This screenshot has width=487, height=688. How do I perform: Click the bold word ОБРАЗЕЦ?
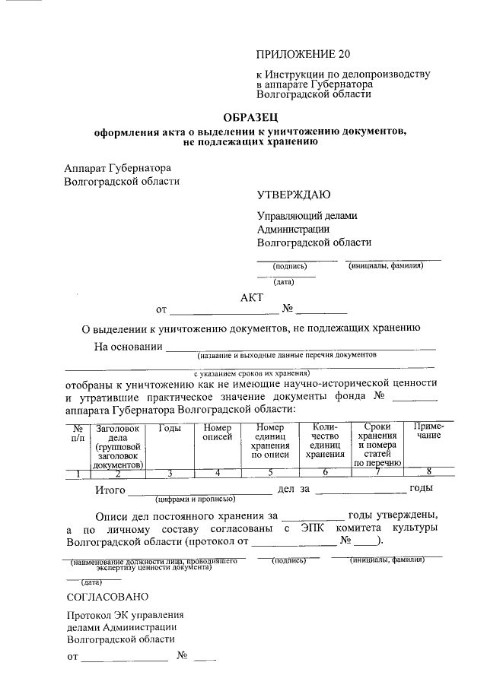250,118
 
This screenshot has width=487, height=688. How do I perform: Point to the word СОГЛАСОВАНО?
107,597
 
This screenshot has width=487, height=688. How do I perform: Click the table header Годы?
170,429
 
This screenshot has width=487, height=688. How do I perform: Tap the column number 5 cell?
270,474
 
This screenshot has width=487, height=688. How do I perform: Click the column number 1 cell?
78,474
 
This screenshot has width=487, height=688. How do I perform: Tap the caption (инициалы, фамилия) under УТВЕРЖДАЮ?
385,266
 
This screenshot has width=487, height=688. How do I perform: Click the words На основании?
128,347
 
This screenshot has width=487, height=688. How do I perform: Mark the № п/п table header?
78,433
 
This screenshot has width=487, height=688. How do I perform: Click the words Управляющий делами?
307,216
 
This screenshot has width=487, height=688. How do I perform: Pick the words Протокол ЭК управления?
126,615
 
